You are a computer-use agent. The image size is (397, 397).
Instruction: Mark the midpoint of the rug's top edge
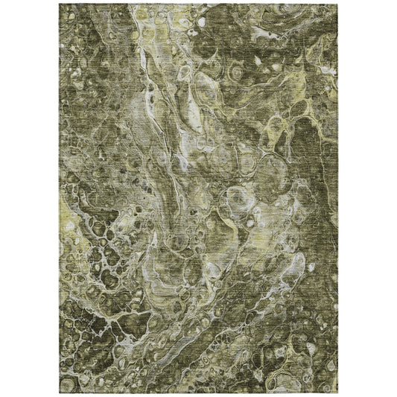[198, 2]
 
